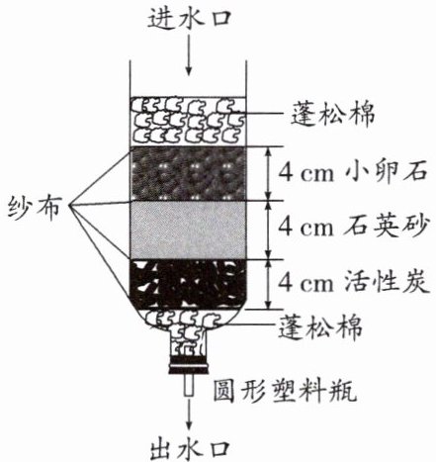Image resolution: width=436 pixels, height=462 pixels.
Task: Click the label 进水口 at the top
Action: coord(188,18)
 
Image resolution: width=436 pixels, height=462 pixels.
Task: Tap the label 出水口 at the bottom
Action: coord(189,449)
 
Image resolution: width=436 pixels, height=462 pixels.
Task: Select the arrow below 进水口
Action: coord(188,53)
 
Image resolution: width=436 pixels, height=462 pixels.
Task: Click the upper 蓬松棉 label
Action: coord(332,115)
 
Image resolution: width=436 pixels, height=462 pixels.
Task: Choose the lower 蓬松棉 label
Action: coord(320,326)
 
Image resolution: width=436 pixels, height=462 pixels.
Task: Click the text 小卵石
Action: coord(387,173)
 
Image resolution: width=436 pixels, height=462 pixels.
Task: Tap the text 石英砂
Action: coord(387,227)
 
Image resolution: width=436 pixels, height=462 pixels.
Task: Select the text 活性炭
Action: coord(387,282)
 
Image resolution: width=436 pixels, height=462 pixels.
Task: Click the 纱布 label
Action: coord(35,208)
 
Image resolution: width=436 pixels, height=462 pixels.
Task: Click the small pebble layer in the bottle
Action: coord(188,173)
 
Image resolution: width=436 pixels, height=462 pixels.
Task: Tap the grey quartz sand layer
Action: coord(188,231)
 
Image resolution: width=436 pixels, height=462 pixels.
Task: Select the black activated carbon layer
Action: coord(188,284)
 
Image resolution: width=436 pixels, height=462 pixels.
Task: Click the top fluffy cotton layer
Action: coord(188,122)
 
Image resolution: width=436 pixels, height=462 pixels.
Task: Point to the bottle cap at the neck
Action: coord(189,366)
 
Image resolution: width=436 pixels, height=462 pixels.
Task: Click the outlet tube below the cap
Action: coord(189,385)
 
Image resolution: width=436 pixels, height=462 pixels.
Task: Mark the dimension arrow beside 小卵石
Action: coord(269,173)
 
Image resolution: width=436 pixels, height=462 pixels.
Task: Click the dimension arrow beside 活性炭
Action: coord(269,284)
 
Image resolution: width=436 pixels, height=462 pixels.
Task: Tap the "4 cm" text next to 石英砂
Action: coord(305,228)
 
